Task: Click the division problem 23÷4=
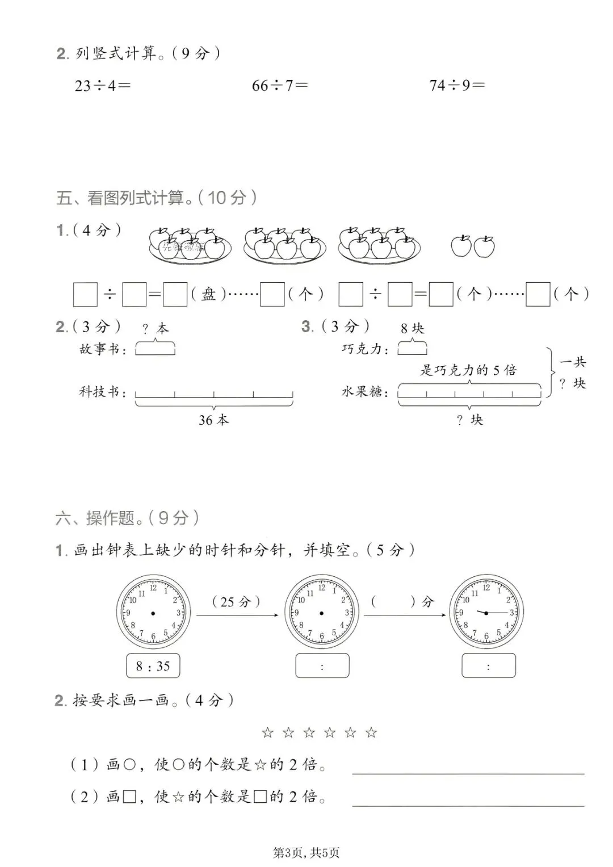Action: pos(102,85)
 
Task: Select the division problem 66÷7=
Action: pos(280,85)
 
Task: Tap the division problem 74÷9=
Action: pos(457,85)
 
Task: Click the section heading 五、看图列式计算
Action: pos(156,198)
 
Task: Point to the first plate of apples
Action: pos(190,245)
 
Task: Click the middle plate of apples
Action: pos(284,245)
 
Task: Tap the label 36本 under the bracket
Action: pos(214,420)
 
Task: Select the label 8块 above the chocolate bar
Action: pos(412,328)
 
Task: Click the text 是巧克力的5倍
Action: pos(468,370)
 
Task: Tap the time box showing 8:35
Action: pos(153,666)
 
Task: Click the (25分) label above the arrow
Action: pos(236,601)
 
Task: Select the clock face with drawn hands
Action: pos(486,612)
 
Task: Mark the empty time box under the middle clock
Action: pos(322,666)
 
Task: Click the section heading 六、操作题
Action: pos(127,517)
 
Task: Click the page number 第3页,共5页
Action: pos(306,852)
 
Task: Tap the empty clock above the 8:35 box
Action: pos(153,612)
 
